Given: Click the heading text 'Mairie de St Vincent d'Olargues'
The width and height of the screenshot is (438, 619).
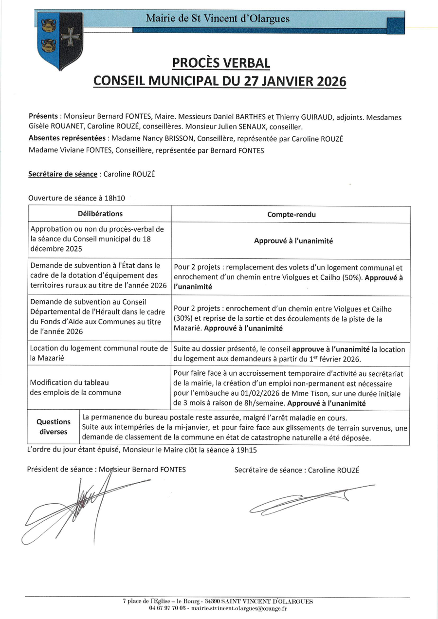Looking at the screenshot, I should pos(218,19).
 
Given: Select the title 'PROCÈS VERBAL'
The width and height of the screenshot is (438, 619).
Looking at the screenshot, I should pos(220,63).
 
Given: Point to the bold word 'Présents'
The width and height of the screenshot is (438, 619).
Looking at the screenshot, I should pos(43,117).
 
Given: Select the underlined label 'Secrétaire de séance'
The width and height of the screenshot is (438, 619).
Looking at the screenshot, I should pos(63,174).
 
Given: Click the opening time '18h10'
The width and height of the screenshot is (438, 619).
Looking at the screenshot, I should pos(115,198).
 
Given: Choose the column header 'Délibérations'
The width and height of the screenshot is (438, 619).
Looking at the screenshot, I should pos(100,214).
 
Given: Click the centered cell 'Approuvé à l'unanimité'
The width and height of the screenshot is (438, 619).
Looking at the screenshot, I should pos(293,241).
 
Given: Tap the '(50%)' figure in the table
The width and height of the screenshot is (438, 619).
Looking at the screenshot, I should pos(351,278).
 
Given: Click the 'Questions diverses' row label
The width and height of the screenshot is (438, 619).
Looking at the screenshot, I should pos(54,427).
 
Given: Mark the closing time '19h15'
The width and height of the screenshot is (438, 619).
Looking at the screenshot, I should pos(246,450).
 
